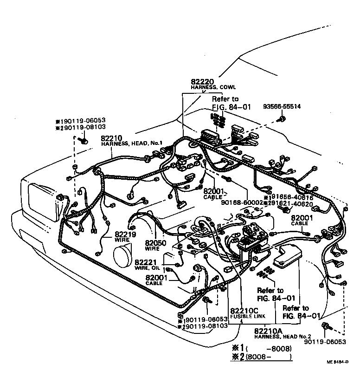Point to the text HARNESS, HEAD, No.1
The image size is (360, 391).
[131, 144]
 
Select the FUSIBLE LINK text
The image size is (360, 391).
[244, 316]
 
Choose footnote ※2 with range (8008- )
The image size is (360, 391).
[262, 357]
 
